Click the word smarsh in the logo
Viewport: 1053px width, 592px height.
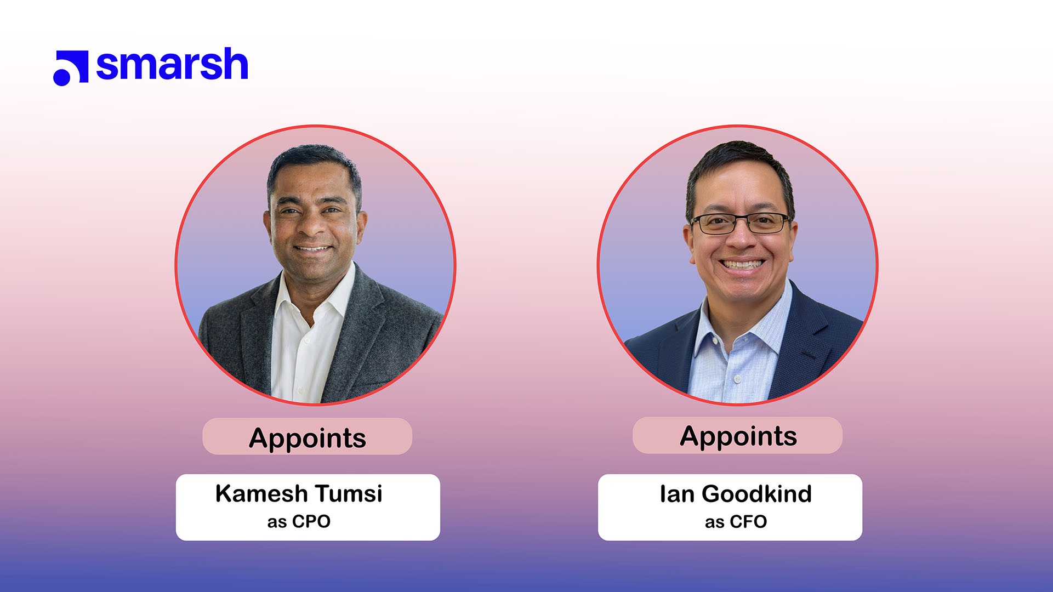pyautogui.click(x=172, y=65)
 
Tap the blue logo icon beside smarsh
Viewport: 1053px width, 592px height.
pyautogui.click(x=71, y=68)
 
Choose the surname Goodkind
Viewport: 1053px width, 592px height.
pyautogui.click(x=756, y=494)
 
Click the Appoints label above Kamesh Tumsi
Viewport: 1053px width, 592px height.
pyautogui.click(x=307, y=437)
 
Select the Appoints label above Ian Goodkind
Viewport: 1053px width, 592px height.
pyautogui.click(x=738, y=436)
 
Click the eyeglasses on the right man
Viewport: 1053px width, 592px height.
pyautogui.click(x=740, y=223)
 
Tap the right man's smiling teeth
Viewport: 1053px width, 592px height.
pyautogui.click(x=741, y=264)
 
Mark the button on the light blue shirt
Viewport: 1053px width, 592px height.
pyautogui.click(x=737, y=378)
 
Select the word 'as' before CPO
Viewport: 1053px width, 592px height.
pyautogui.click(x=277, y=522)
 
